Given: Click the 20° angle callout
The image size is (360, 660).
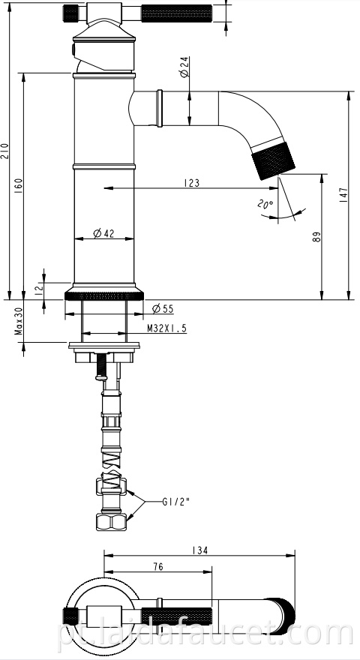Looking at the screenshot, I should click(x=265, y=204).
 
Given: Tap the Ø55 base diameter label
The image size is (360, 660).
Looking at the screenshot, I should click(x=163, y=309).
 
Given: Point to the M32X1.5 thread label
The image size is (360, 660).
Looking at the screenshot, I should click(x=166, y=328).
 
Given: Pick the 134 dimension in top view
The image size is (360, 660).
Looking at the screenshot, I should click(x=199, y=550).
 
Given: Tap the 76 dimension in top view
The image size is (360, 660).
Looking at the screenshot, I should click(x=158, y=568).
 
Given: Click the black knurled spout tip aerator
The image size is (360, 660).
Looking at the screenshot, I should click(x=268, y=158).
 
